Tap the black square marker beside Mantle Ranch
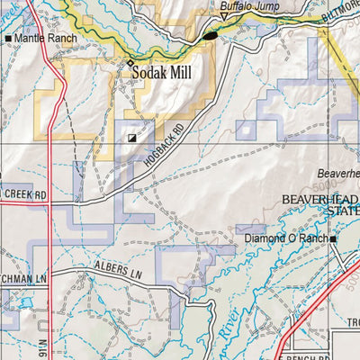9,40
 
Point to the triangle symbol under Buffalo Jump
224,18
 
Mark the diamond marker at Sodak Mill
130,63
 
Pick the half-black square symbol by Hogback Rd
133,139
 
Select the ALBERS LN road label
119,267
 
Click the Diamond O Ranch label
286,238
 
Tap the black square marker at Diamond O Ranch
332,238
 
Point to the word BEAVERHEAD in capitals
319,199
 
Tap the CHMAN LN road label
22,282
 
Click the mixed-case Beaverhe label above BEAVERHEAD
337,175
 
